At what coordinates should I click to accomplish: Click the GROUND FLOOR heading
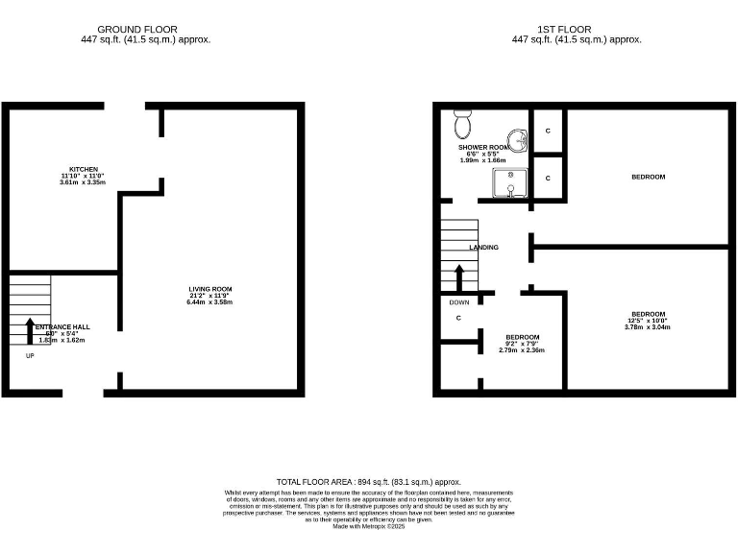point(136,30)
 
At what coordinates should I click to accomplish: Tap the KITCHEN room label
point(83,169)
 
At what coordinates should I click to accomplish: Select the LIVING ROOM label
point(209,289)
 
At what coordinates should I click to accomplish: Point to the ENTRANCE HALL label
point(62,327)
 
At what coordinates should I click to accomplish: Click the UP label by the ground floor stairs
point(30,355)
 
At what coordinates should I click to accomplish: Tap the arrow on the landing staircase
point(459,277)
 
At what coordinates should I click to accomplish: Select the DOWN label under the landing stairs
point(459,301)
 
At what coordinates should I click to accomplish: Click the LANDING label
point(483,248)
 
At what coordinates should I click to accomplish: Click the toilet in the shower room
point(462,123)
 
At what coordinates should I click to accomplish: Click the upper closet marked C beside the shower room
point(548,131)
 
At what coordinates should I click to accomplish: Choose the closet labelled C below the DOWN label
point(458,318)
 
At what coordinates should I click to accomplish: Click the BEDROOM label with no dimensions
point(648,177)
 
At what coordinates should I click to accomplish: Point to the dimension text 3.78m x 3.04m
point(647,327)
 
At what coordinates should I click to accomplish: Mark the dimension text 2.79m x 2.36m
point(522,350)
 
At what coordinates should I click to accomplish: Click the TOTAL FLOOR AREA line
point(369,482)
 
